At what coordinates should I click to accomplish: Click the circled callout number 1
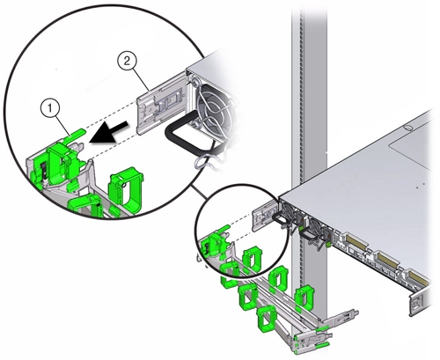click(x=50, y=109)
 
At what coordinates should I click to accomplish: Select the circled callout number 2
click(x=127, y=61)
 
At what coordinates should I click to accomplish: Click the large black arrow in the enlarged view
click(x=109, y=134)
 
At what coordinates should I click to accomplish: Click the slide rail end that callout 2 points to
click(x=161, y=105)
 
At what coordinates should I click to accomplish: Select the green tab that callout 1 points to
click(x=77, y=132)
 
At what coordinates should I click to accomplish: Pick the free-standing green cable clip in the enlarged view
click(x=126, y=190)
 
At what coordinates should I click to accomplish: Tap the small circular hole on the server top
click(x=407, y=128)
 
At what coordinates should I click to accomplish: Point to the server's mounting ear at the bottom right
click(x=416, y=303)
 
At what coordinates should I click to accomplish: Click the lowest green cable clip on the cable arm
click(x=266, y=320)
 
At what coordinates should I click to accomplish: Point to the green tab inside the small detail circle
click(x=224, y=229)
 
